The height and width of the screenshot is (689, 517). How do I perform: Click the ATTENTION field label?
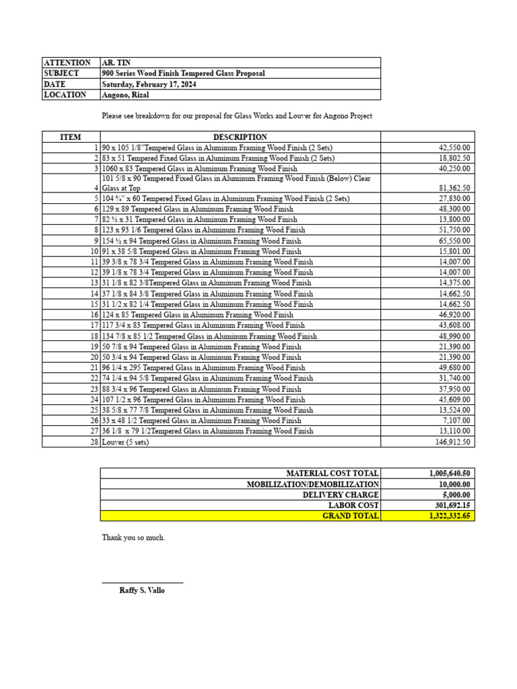(x=67, y=63)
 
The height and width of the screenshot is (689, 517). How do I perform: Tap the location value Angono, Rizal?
(x=125, y=95)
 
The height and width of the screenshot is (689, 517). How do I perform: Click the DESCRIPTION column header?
(x=240, y=137)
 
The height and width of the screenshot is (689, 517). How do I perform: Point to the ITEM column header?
(x=71, y=137)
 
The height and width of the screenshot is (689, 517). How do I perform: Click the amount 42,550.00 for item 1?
(x=456, y=147)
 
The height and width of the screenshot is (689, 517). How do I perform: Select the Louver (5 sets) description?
(x=125, y=442)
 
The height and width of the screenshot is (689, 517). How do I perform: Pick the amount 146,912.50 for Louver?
(x=453, y=442)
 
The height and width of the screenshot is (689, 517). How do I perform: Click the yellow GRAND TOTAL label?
(x=351, y=516)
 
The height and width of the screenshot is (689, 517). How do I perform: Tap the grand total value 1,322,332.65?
(x=450, y=516)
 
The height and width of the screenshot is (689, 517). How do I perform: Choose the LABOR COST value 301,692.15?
(x=452, y=505)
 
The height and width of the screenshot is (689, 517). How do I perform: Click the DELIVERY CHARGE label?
(x=341, y=495)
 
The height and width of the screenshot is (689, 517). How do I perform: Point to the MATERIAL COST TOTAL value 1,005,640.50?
(x=450, y=474)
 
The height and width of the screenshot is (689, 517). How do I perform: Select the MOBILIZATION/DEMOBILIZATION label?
(x=313, y=484)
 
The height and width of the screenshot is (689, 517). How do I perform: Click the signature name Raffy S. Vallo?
(x=141, y=590)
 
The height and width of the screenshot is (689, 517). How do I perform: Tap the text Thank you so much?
(x=133, y=538)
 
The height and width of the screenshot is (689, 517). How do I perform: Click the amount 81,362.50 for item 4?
(x=456, y=188)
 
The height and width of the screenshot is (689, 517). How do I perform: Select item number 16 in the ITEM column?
(x=94, y=315)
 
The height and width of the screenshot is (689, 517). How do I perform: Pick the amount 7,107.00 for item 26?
(x=458, y=421)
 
